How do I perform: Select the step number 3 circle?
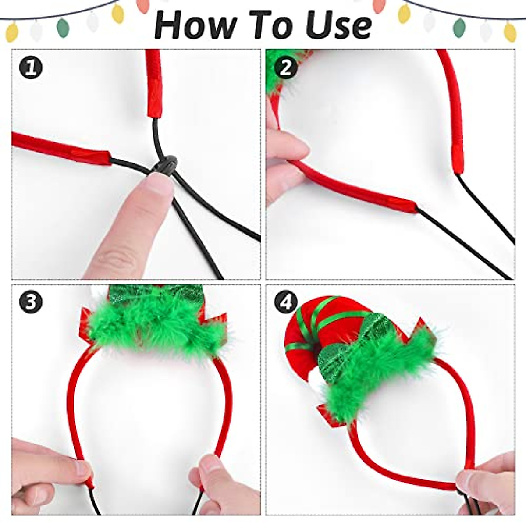[x=31, y=302]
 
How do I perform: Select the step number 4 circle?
[x=285, y=302]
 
